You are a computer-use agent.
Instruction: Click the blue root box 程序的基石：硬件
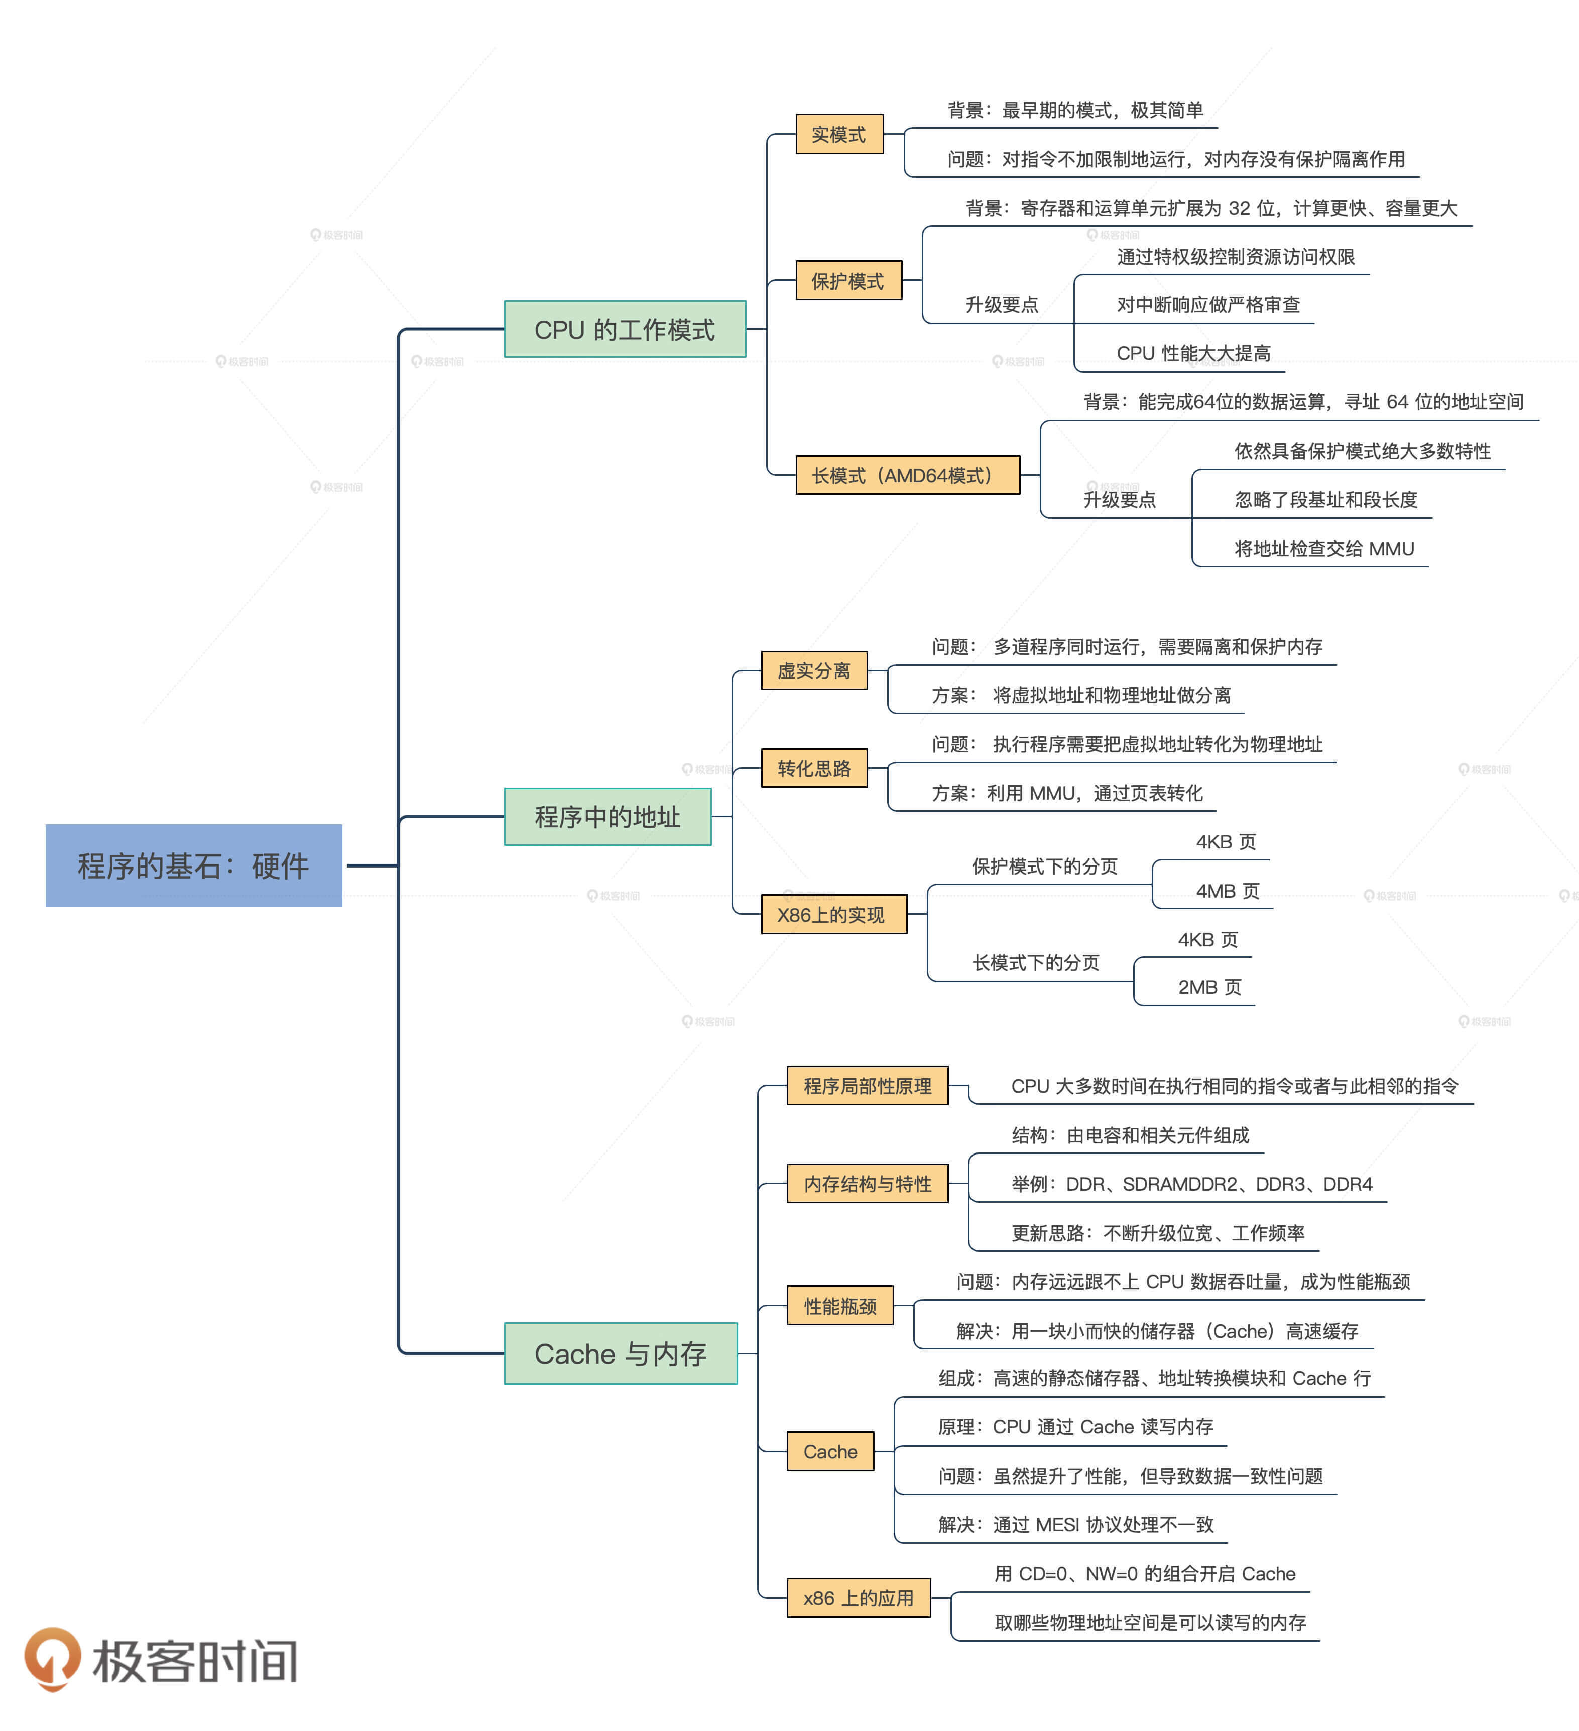pyautogui.click(x=193, y=865)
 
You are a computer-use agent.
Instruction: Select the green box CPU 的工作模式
pyautogui.click(x=625, y=329)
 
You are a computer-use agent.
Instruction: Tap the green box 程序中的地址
pyautogui.click(x=608, y=816)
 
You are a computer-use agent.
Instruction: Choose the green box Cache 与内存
pyautogui.click(x=620, y=1353)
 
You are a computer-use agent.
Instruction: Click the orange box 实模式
pyautogui.click(x=839, y=134)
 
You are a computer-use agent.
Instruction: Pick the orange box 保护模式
pyautogui.click(x=848, y=281)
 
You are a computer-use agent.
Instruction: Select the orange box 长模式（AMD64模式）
pyautogui.click(x=907, y=475)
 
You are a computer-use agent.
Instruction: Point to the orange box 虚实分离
pyautogui.click(x=813, y=671)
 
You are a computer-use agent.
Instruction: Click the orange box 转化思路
pyautogui.click(x=813, y=768)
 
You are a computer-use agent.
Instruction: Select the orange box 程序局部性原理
pyautogui.click(x=867, y=1085)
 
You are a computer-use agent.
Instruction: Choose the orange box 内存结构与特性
pyautogui.click(x=867, y=1183)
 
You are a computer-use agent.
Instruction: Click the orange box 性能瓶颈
pyautogui.click(x=840, y=1305)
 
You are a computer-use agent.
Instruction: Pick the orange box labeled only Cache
pyautogui.click(x=830, y=1451)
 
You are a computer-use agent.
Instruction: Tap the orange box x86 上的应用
pyautogui.click(x=858, y=1597)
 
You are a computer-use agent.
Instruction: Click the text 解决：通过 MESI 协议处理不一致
pyautogui.click(x=1075, y=1524)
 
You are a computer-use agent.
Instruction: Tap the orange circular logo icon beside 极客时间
pyautogui.click(x=52, y=1657)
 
